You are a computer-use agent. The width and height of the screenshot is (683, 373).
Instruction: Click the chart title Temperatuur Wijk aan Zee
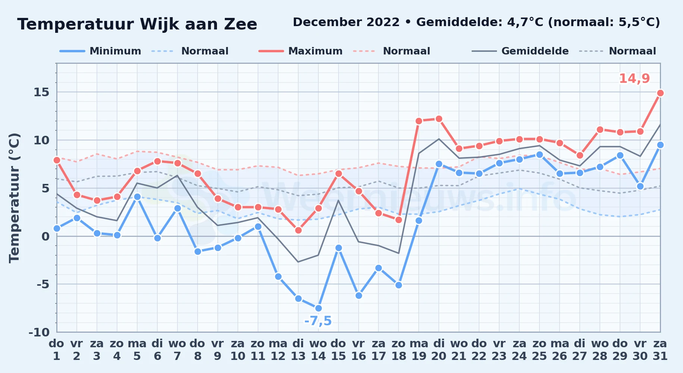pos(137,24)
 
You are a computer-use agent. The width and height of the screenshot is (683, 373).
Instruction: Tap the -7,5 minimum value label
pos(318,321)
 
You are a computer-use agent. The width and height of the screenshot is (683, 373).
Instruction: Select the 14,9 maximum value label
pos(634,79)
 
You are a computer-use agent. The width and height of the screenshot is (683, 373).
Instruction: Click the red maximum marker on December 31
pos(660,93)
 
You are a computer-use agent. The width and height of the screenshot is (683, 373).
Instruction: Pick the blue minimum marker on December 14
pos(318,308)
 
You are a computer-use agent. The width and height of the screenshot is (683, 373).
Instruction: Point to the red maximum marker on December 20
pos(439,119)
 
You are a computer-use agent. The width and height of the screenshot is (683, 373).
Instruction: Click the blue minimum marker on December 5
pos(137,197)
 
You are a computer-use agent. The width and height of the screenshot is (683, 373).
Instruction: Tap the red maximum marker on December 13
pos(298,230)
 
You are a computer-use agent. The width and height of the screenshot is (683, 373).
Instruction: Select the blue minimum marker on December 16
pos(359,295)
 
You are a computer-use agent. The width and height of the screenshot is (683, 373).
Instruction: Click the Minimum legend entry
pos(100,51)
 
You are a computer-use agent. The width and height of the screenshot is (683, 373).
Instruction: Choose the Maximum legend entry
pos(300,51)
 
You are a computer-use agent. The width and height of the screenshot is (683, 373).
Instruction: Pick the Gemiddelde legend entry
pos(520,51)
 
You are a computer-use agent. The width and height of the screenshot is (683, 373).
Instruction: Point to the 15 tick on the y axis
pos(41,92)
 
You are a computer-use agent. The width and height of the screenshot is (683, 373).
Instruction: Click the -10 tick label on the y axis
pos(39,332)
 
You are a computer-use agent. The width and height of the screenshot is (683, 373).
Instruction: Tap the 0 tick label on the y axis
pos(45,236)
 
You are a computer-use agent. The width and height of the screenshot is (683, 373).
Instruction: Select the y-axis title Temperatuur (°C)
pos(14,198)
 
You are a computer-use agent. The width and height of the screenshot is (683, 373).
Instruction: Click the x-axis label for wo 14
pos(318,350)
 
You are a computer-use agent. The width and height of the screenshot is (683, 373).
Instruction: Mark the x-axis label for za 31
pos(660,350)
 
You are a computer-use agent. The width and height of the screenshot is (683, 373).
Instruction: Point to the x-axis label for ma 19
pos(419,350)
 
